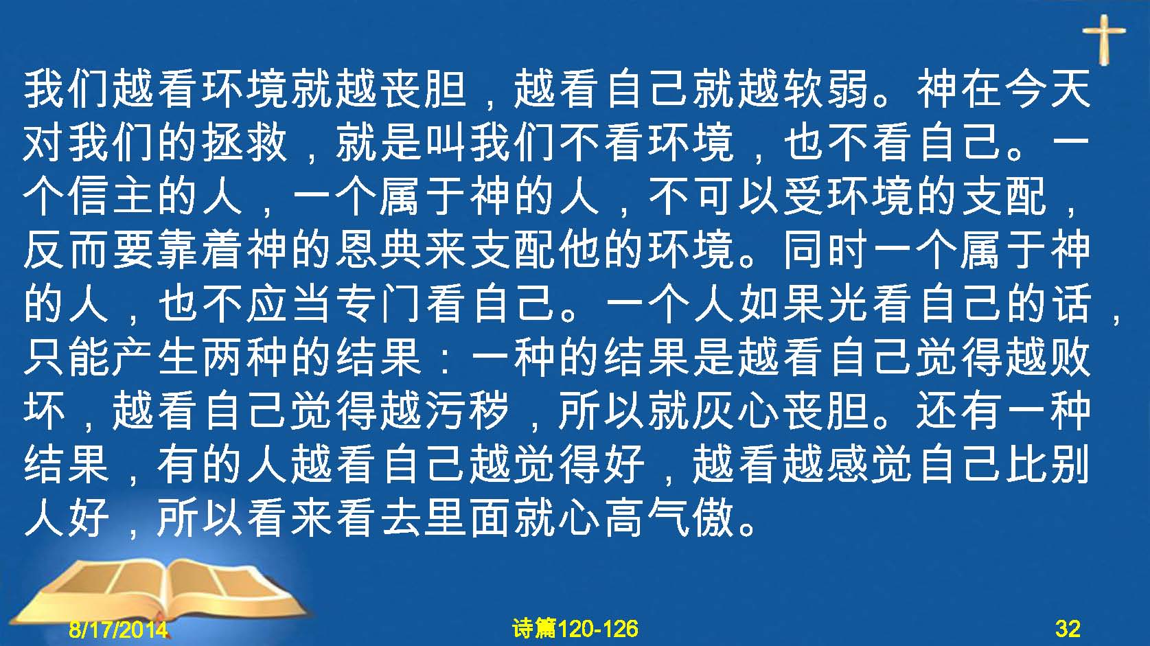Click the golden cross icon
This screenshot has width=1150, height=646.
click(x=1103, y=40)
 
